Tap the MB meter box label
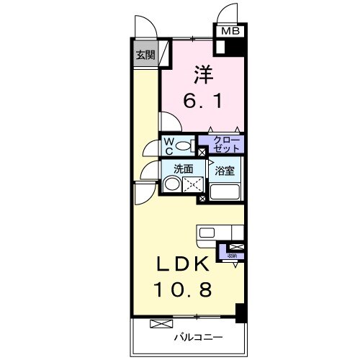coord(230,31)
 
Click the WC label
coord(168,147)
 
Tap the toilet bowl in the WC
coord(185,147)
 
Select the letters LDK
coord(184,264)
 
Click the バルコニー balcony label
coord(197,337)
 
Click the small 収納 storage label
coord(232,256)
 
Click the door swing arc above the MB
coord(228,14)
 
